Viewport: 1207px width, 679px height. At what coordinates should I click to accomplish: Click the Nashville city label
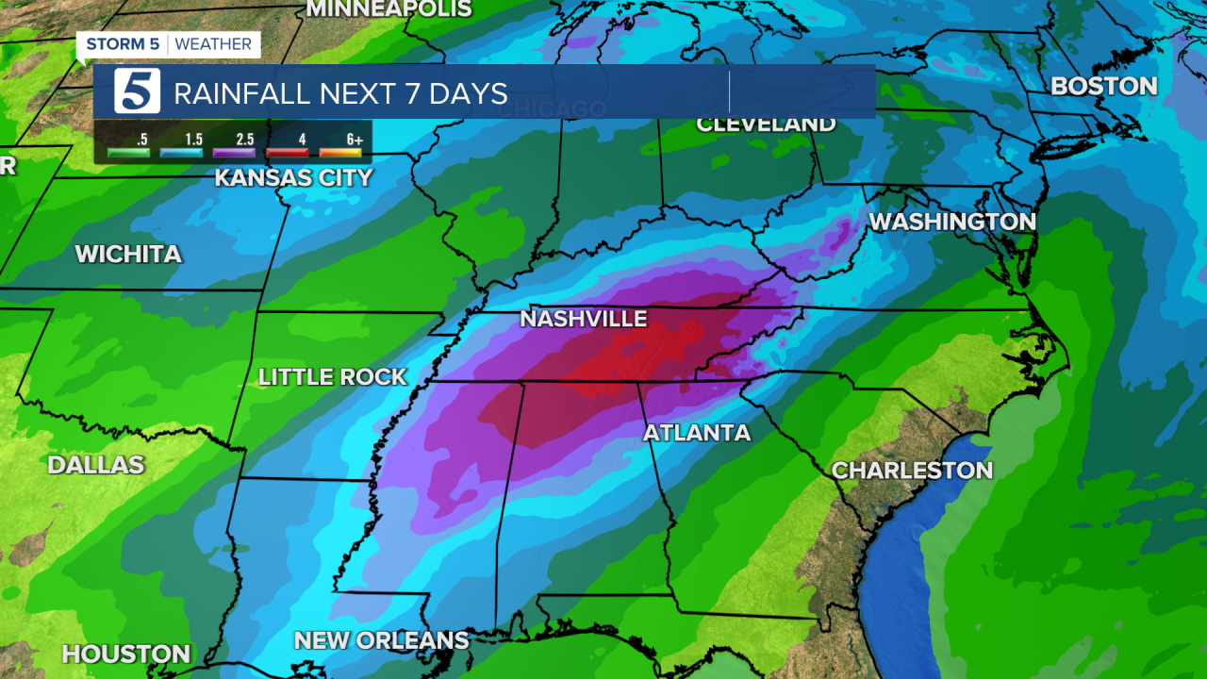(584, 319)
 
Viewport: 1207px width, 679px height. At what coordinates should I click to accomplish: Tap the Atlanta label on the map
(697, 433)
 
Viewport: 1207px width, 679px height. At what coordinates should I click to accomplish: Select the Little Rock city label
(332, 377)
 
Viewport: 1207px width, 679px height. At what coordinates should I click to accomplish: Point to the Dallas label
(95, 464)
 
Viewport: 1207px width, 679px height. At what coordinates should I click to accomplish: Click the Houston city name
(126, 654)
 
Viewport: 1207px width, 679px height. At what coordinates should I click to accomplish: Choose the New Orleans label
(381, 640)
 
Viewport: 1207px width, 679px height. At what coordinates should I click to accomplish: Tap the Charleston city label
(912, 470)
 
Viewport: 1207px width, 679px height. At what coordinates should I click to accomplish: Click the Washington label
(951, 222)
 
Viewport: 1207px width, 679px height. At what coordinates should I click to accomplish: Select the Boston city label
(1103, 86)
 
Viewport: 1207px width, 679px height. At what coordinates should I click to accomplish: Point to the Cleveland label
(766, 124)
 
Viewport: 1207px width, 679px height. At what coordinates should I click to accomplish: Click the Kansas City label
(293, 177)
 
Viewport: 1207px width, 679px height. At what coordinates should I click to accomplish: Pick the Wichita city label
(128, 254)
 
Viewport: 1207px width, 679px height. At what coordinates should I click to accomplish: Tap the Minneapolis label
(389, 9)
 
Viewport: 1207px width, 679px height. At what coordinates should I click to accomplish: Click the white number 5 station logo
(138, 92)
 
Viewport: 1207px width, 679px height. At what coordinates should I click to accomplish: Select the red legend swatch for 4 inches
(288, 152)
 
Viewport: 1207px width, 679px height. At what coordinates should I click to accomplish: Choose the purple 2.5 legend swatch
(235, 152)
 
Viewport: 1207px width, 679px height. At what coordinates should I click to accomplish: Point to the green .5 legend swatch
(128, 152)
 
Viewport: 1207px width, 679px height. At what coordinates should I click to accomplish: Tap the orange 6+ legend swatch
(340, 152)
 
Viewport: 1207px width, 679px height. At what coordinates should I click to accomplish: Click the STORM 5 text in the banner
(123, 44)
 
